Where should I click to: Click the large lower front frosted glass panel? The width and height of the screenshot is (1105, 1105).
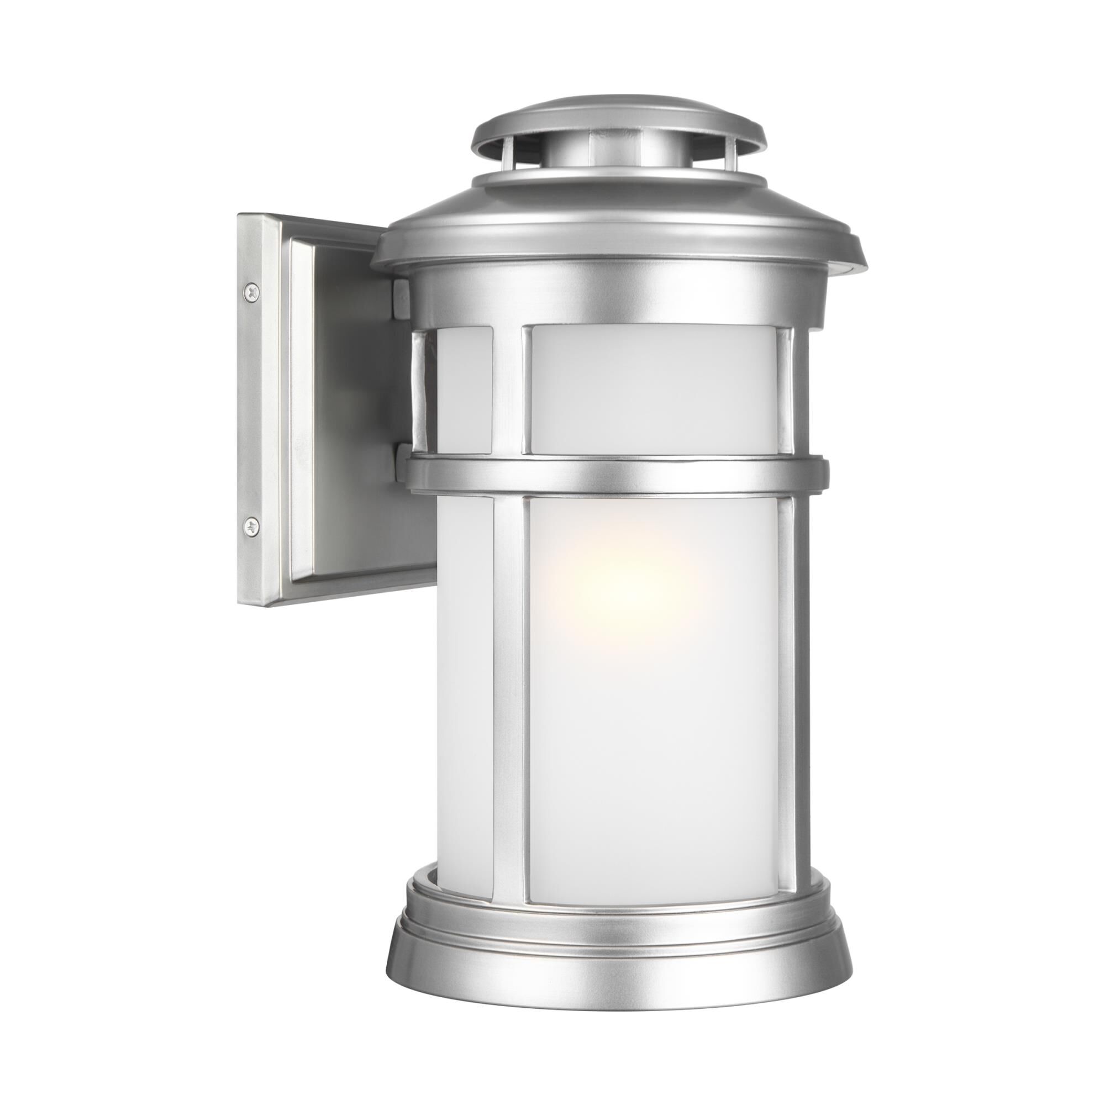click(x=657, y=715)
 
